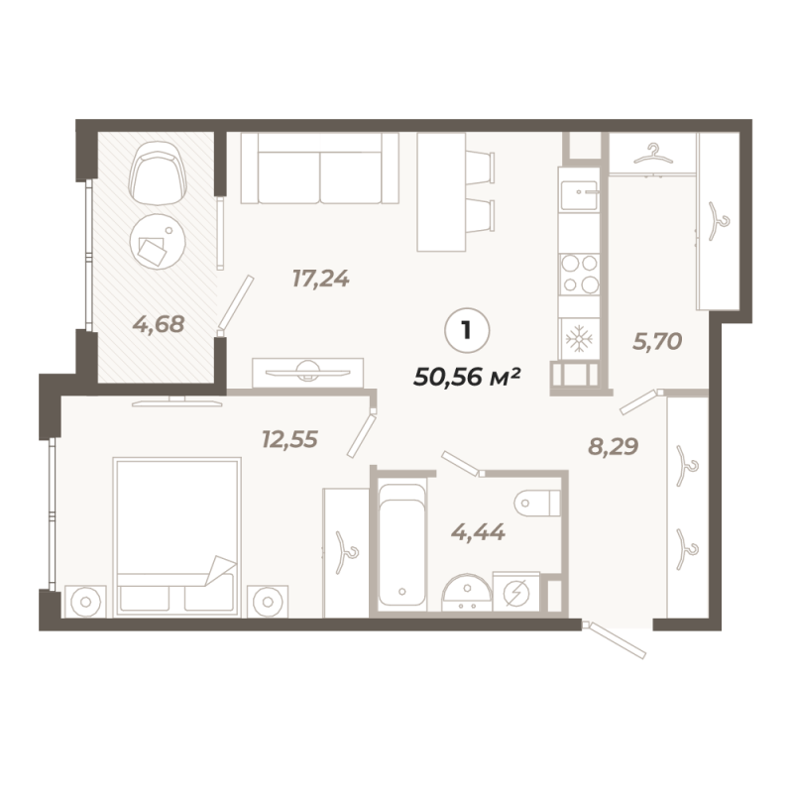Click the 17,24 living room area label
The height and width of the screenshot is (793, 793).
pos(320,279)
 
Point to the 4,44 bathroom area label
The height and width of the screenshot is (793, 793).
pos(479,532)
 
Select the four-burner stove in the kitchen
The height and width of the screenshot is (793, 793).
pos(578,274)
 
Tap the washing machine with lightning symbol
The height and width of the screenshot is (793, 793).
pos(516,592)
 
